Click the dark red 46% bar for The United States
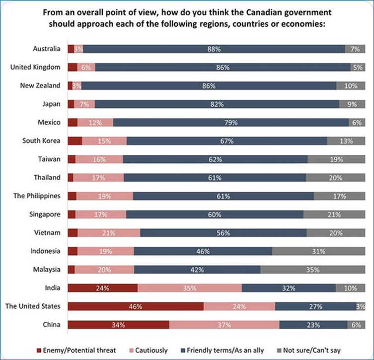(x=135, y=306)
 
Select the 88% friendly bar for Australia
(x=214, y=49)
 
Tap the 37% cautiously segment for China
(x=224, y=325)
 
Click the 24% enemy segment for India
(x=102, y=288)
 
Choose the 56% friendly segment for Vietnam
(x=223, y=232)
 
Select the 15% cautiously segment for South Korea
(x=104, y=141)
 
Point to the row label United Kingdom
(x=35, y=67)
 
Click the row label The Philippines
(x=37, y=196)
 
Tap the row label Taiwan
(x=50, y=159)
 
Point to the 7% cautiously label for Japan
(x=84, y=104)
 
